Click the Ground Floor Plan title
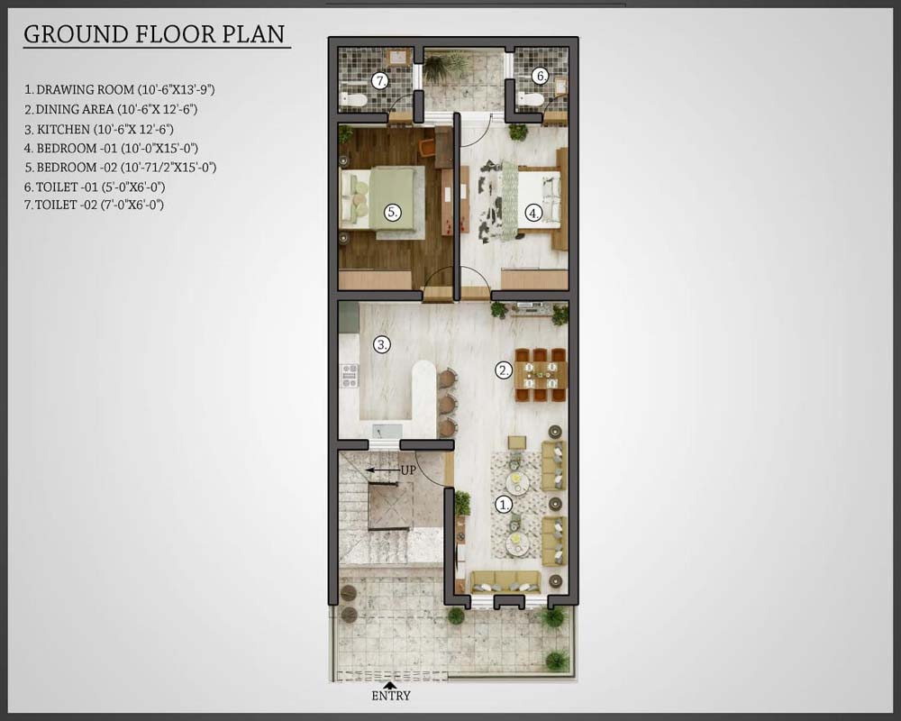click(155, 34)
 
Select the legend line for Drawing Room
click(120, 90)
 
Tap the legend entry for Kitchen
click(99, 130)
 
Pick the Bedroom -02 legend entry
click(120, 168)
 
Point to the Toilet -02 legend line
click(95, 205)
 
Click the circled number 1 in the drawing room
click(504, 505)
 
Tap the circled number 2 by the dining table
click(504, 370)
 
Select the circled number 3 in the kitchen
click(382, 345)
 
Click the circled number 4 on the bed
click(534, 214)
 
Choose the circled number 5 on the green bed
click(393, 212)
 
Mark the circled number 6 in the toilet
click(540, 76)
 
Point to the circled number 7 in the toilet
click(380, 81)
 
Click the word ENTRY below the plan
click(391, 696)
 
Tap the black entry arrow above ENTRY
click(390, 685)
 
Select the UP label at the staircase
click(408, 470)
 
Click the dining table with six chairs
click(541, 375)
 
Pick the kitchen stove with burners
click(350, 376)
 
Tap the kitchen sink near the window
click(387, 431)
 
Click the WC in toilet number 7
click(353, 99)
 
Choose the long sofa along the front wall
click(505, 582)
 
